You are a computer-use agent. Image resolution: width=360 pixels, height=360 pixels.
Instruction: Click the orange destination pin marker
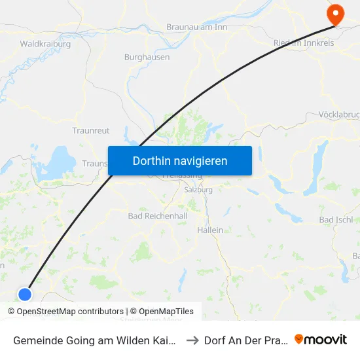tap(335, 14)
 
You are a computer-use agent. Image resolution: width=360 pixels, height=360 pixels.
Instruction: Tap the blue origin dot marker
tap(25, 295)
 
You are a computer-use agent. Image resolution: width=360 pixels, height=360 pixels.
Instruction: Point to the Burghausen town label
tap(147, 57)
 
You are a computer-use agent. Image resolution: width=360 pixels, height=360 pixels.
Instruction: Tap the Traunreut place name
tap(90, 130)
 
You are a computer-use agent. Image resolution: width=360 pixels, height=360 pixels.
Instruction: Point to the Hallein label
tap(210, 230)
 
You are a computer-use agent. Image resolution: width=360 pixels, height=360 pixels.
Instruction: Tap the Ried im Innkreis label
tap(303, 43)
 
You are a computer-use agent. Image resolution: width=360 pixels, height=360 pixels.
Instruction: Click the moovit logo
tap(321, 340)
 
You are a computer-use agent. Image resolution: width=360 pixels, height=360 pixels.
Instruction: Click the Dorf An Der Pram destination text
tap(245, 340)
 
